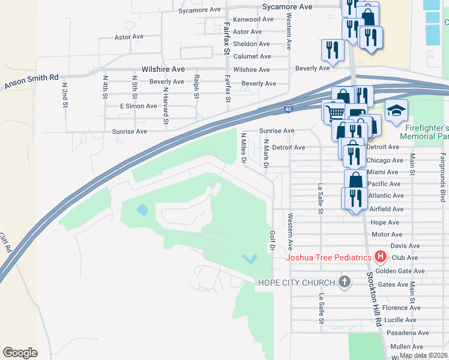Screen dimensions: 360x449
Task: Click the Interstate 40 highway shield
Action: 289,109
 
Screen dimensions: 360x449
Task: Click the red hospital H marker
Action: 380,257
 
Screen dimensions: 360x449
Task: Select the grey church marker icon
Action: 345,282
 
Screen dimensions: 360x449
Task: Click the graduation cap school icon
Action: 397,111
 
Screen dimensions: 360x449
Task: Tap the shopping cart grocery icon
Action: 335,111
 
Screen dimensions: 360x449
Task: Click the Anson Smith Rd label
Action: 31,82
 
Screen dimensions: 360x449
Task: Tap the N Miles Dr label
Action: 244,148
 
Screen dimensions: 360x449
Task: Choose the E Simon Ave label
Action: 138,106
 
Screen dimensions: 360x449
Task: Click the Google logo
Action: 20,353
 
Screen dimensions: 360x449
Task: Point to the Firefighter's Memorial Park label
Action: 426,133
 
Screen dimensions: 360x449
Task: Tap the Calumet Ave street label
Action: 252,56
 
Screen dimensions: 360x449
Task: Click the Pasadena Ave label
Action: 408,333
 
